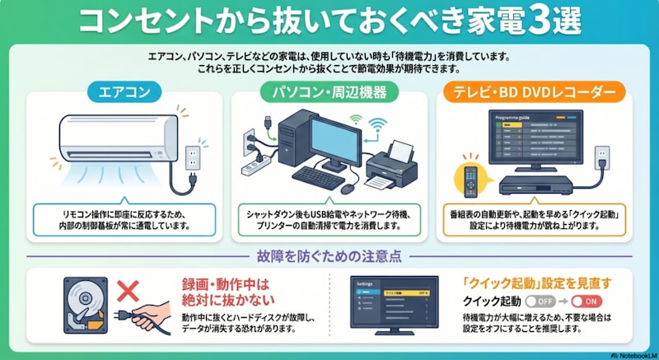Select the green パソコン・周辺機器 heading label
[x=329, y=91]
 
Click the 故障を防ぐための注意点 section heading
[x=329, y=256]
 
